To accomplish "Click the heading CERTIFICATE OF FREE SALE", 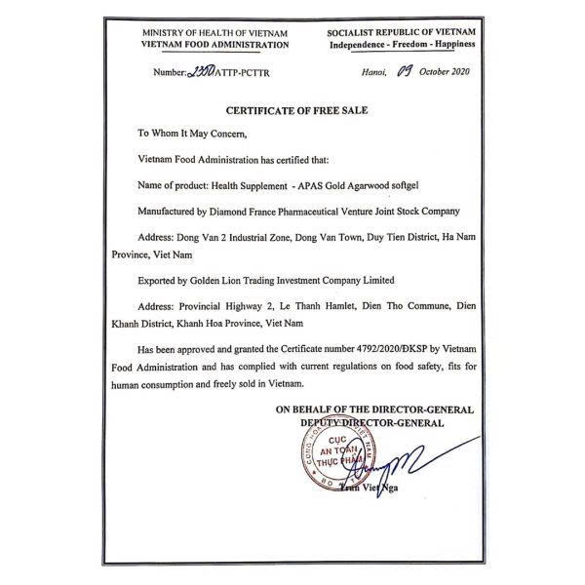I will click(292, 112).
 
